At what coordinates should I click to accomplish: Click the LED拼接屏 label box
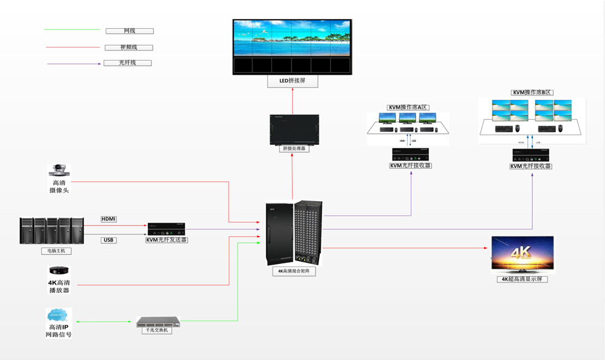[x=292, y=81]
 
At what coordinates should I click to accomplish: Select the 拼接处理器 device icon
[x=295, y=129]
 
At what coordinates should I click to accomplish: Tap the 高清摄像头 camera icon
[x=59, y=170]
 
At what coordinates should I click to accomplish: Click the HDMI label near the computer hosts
[x=109, y=219]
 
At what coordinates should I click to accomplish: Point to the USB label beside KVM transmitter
[x=109, y=240]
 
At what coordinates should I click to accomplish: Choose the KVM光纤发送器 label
[x=166, y=240]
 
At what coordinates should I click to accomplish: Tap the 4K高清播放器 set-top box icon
[x=59, y=271]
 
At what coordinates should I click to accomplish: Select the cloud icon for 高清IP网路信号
[x=59, y=315]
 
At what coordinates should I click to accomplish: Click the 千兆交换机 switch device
[x=158, y=321]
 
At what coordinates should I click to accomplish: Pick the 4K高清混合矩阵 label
[x=294, y=271]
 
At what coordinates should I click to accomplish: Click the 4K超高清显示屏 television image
[x=522, y=254]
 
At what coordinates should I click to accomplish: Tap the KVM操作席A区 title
[x=408, y=108]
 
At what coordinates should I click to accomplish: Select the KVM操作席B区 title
[x=532, y=93]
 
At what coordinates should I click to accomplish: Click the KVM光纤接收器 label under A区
[x=411, y=165]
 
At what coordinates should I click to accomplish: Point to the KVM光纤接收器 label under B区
[x=531, y=166]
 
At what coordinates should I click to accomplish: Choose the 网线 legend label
[x=130, y=31]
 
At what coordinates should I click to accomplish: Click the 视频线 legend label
[x=129, y=47]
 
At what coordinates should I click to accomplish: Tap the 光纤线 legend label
[x=128, y=63]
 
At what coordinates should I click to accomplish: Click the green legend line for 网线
[x=72, y=29]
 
